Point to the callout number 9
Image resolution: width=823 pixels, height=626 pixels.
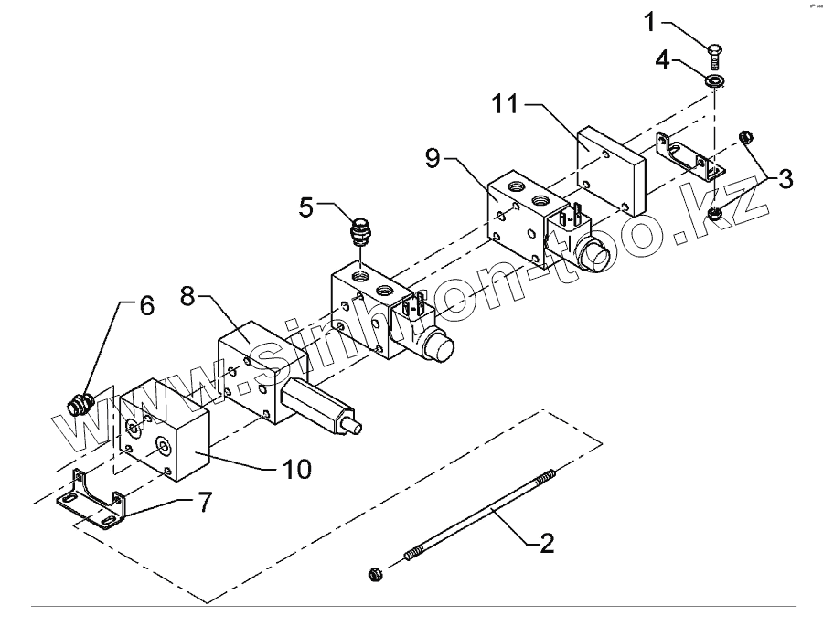pos(436,158)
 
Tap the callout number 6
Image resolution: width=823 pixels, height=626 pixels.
pos(146,306)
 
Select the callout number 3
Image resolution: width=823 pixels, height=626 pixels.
pos(785,178)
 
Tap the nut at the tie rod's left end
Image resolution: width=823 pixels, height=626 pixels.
pos(373,573)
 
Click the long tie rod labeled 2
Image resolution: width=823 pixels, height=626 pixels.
pos(476,520)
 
